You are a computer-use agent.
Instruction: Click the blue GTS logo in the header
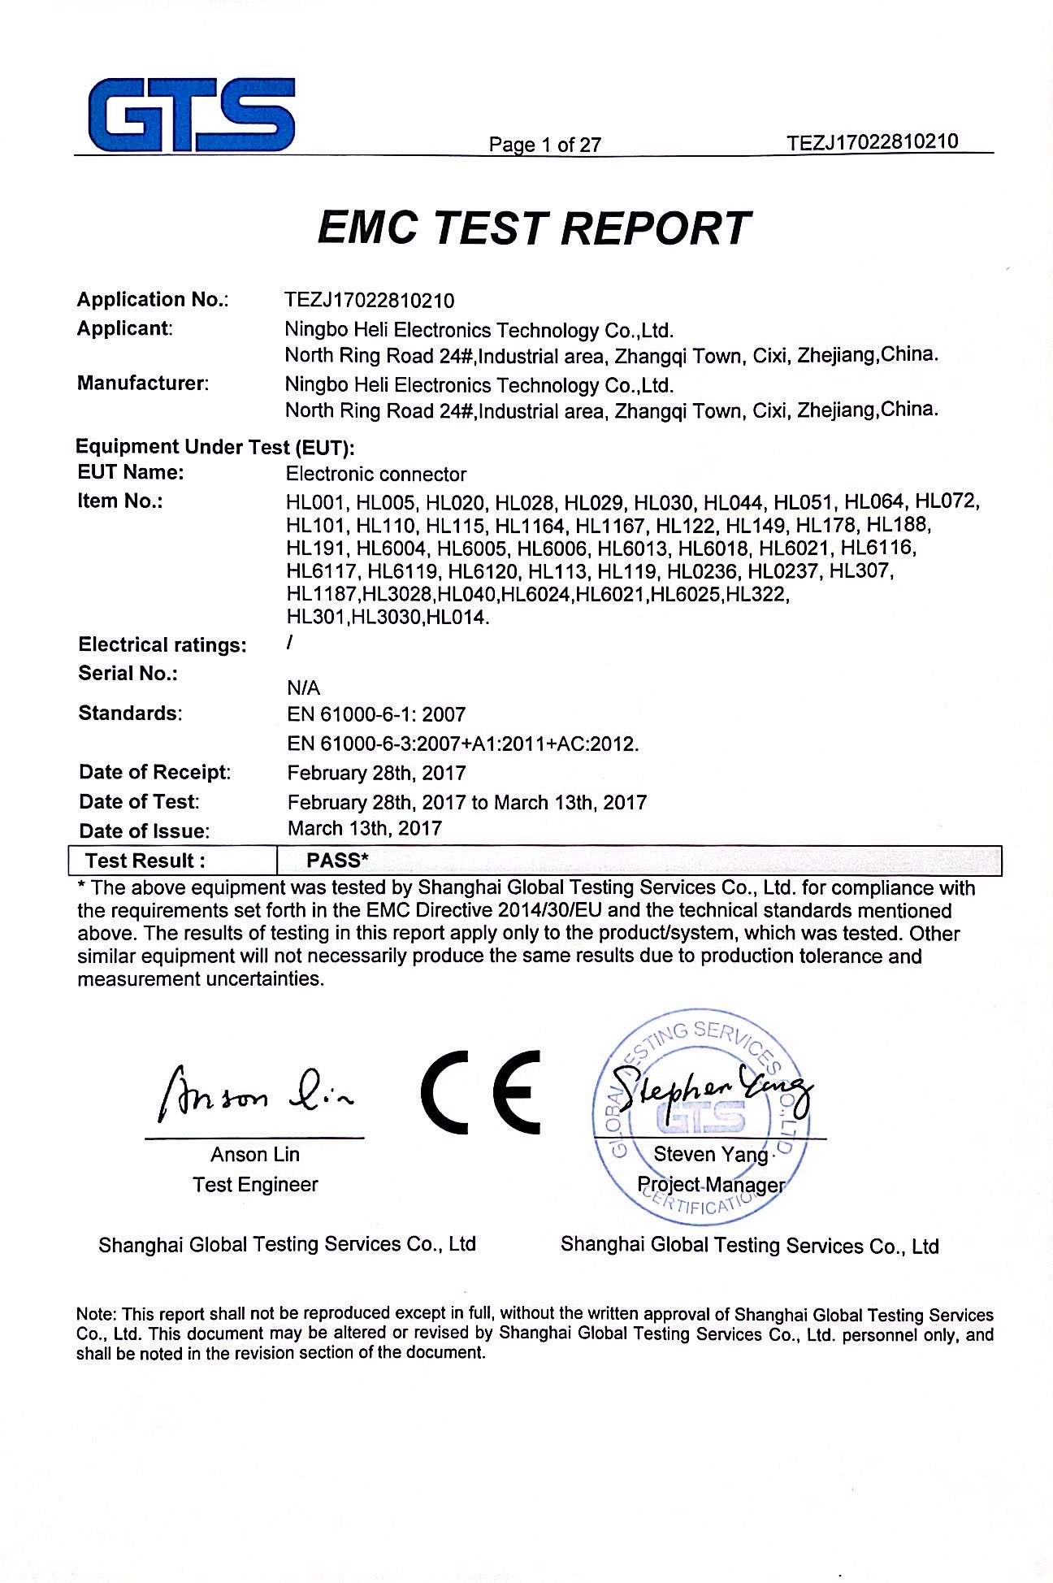coord(192,115)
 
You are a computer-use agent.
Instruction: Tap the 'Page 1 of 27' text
coord(544,145)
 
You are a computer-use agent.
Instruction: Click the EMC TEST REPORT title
coord(533,228)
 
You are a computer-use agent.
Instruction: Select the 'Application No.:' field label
coord(153,299)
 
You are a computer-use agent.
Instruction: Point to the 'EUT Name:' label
coord(131,472)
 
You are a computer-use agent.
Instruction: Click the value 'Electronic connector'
coord(376,474)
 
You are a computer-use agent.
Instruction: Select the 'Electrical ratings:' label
coord(162,644)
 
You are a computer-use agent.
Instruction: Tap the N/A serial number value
coord(303,688)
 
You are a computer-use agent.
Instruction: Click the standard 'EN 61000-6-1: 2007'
coord(376,714)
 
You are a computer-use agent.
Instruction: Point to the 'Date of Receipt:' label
coord(155,772)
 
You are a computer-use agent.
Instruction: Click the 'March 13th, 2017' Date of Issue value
coord(365,828)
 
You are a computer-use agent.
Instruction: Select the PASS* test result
coord(337,860)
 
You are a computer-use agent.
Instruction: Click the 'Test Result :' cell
coord(145,861)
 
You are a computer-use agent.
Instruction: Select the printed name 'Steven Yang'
coord(710,1154)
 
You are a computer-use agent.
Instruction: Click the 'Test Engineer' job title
coord(255,1184)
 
